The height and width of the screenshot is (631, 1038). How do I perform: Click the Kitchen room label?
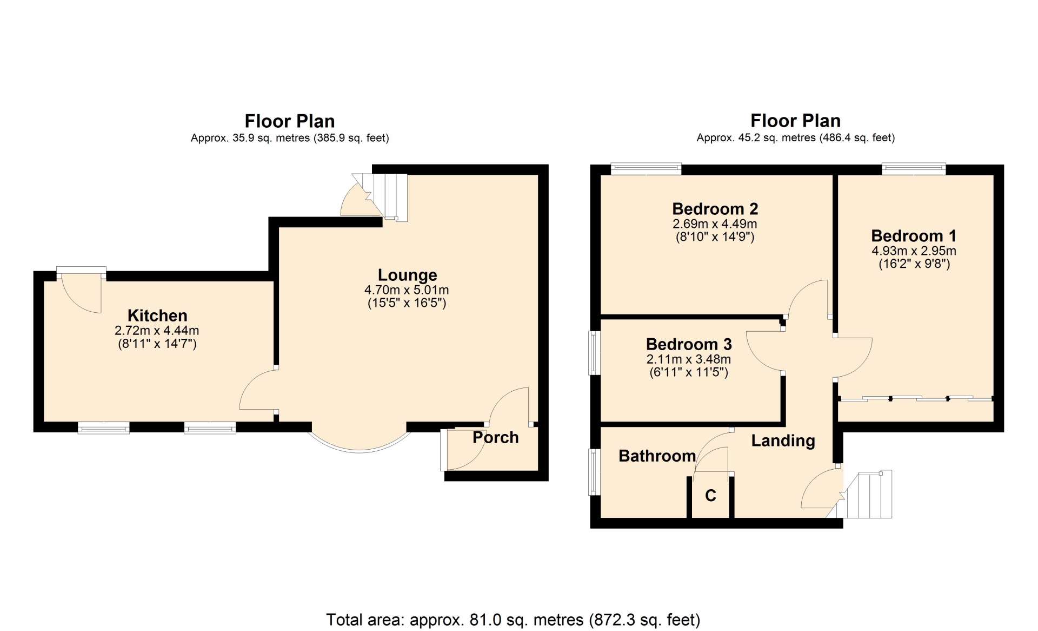click(157, 316)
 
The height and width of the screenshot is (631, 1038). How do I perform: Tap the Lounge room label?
click(407, 275)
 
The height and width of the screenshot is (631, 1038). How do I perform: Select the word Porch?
click(496, 437)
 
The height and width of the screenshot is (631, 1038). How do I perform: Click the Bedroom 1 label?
click(914, 236)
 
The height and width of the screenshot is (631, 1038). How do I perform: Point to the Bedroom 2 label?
click(715, 209)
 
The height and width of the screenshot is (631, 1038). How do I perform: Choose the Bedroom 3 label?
click(689, 344)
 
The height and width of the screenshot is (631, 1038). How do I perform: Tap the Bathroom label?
click(657, 456)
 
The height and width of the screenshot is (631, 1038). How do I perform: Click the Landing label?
click(783, 441)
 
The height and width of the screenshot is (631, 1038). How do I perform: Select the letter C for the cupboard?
click(710, 495)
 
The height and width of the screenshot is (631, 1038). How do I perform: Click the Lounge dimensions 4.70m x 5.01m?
click(407, 290)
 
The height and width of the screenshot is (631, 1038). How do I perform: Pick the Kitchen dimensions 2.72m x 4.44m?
click(157, 330)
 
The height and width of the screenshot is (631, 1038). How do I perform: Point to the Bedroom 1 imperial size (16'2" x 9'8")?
click(914, 264)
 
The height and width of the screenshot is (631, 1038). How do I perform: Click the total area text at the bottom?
click(513, 620)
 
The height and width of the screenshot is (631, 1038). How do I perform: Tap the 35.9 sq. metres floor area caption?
click(290, 138)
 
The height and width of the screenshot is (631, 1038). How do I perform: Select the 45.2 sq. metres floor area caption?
click(796, 137)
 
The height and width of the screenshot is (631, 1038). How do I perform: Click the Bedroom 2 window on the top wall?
click(646, 169)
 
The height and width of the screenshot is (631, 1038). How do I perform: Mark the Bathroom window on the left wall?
click(595, 472)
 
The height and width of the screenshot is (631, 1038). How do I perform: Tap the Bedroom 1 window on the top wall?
click(914, 169)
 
